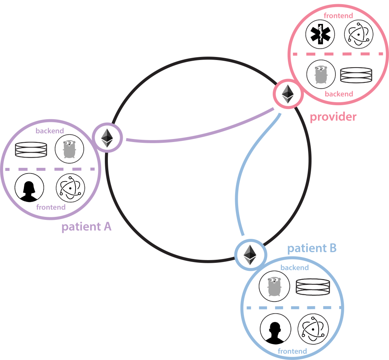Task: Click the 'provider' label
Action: [x=333, y=117]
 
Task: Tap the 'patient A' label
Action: [x=86, y=227]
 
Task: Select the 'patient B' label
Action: [x=312, y=249]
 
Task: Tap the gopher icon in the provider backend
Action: [x=321, y=74]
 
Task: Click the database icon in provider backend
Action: [x=356, y=75]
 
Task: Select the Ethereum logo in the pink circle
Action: [x=288, y=94]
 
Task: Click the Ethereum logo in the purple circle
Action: [x=107, y=138]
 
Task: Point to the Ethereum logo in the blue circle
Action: [x=250, y=254]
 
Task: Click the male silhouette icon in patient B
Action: [x=275, y=329]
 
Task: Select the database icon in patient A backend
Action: [x=31, y=150]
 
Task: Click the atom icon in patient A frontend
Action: [x=70, y=188]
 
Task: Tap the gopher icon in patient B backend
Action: [x=274, y=286]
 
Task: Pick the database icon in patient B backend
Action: [x=313, y=287]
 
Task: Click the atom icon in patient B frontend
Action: [x=313, y=328]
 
